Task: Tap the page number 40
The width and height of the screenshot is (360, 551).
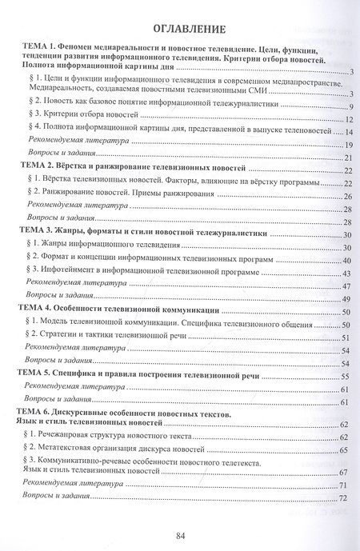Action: [349, 259]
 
